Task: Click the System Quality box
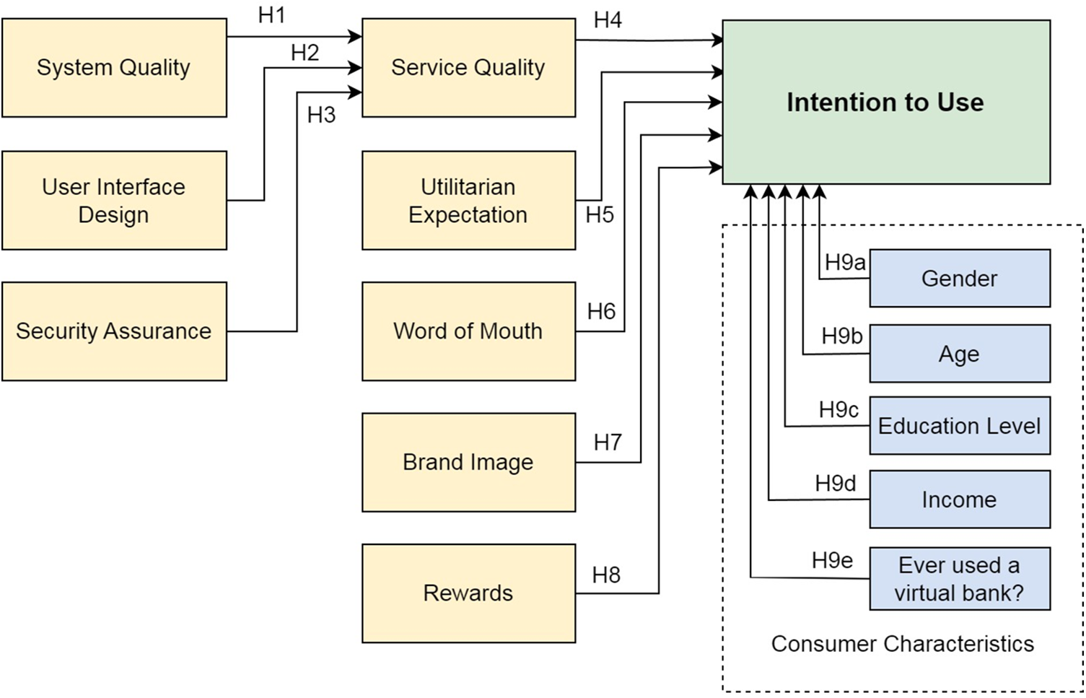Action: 114,68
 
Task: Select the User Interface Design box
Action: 114,201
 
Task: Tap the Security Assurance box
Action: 114,331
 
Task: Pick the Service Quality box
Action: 468,68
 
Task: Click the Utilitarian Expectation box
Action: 468,201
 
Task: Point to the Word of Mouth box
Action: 468,331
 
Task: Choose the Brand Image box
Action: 468,462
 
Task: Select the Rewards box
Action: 468,593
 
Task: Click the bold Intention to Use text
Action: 885,102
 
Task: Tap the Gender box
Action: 959,279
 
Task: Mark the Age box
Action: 959,354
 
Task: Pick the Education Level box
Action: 959,426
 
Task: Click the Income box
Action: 959,499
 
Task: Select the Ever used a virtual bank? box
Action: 959,579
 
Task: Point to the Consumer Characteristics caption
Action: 902,644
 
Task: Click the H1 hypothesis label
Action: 272,15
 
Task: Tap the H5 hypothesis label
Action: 600,214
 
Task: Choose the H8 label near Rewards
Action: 606,575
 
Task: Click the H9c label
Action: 838,410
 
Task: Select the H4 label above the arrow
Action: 608,20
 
